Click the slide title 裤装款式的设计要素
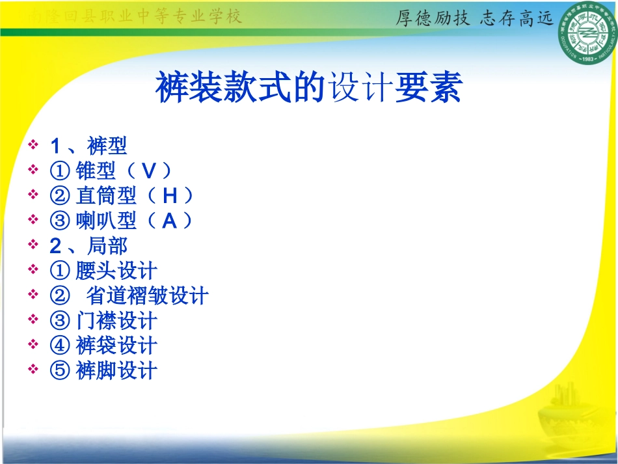click(308, 88)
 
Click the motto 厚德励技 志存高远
click(474, 18)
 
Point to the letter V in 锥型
click(149, 171)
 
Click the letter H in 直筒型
click(170, 195)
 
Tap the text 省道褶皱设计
click(148, 296)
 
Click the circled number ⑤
click(59, 371)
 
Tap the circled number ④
click(59, 346)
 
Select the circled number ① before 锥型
click(59, 171)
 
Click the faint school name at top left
click(137, 17)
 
